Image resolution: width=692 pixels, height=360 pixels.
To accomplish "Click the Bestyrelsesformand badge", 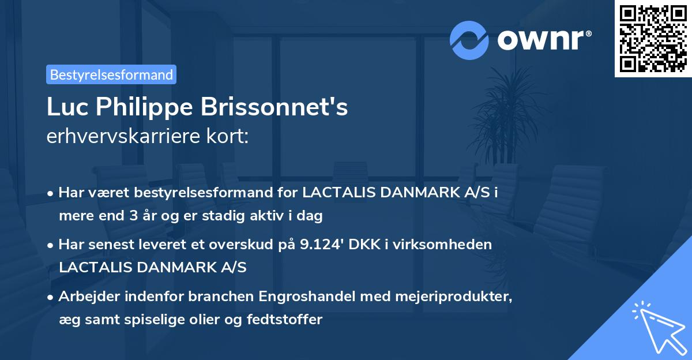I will [x=111, y=74].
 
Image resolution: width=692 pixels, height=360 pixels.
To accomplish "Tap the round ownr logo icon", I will [x=469, y=40].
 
